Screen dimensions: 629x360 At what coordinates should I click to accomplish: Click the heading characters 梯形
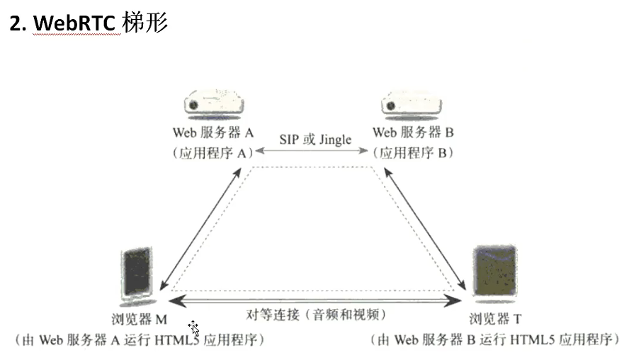[145, 23]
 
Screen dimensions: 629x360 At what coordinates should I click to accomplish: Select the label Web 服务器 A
[212, 133]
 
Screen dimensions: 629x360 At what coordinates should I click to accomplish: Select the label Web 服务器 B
[413, 133]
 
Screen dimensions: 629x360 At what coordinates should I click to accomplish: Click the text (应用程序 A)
[212, 152]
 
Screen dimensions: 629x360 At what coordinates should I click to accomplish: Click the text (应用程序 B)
[413, 152]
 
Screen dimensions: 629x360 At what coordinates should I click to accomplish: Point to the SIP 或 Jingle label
[313, 140]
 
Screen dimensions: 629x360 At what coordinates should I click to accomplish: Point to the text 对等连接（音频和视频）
[316, 314]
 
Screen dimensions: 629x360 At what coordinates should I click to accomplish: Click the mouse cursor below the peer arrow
[193, 328]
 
